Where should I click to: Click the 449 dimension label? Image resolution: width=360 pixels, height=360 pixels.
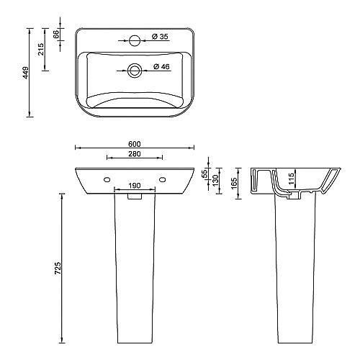[x=26, y=73]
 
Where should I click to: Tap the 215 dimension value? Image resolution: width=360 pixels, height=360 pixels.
[x=41, y=49]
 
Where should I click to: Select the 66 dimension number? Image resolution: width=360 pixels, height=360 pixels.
[x=56, y=35]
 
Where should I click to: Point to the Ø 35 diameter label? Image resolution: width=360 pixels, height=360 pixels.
[x=161, y=37]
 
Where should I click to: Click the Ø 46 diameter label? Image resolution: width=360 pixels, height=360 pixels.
[x=161, y=66]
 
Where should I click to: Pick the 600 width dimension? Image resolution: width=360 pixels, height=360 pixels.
[x=135, y=144]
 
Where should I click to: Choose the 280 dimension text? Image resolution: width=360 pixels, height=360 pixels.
[x=135, y=154]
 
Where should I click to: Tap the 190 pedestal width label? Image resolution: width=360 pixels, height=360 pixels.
[x=135, y=186]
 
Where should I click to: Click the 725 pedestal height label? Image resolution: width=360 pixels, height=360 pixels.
[x=58, y=268]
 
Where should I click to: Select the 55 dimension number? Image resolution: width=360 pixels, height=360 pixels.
[x=204, y=174]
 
